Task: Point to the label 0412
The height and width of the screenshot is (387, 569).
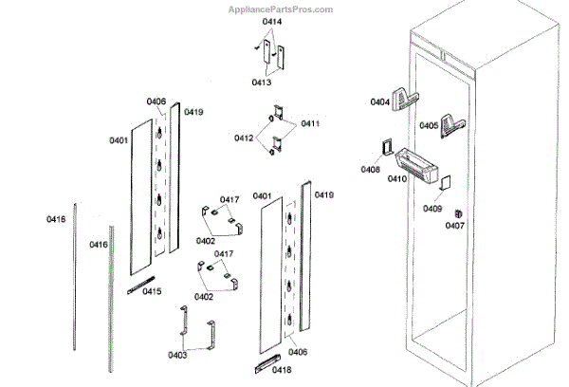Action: [245, 138]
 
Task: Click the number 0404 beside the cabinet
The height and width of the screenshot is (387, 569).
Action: [379, 101]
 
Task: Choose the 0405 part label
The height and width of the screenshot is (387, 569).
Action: [429, 125]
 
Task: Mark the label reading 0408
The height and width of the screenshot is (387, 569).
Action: [371, 170]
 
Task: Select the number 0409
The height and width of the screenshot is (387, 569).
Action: [432, 209]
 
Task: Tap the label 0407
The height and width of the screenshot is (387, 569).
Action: [455, 226]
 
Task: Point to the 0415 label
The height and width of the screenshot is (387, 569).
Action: [152, 291]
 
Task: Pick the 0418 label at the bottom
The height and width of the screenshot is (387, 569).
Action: [281, 370]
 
